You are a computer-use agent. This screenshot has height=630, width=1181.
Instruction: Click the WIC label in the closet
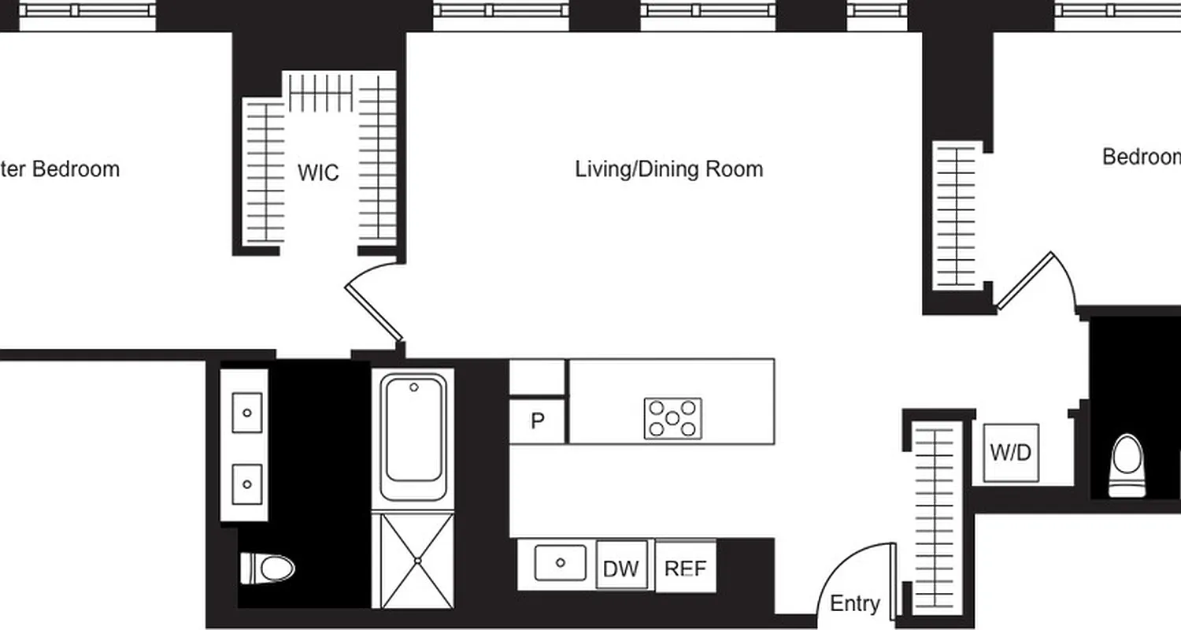(318, 172)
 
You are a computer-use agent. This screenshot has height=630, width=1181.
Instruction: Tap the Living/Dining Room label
(668, 169)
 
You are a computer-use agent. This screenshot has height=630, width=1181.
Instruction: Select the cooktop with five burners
(672, 418)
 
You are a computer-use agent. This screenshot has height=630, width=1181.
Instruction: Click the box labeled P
(537, 421)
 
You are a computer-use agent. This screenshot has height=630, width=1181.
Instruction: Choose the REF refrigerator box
(685, 567)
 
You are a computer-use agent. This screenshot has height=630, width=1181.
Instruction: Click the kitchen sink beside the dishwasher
(560, 562)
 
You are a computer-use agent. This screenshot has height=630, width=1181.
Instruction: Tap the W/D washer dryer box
(1010, 453)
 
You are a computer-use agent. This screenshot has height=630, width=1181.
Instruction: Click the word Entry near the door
(854, 604)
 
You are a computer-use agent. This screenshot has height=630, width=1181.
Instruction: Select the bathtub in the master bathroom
(413, 437)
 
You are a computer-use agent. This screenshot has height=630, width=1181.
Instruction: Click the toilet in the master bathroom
(268, 567)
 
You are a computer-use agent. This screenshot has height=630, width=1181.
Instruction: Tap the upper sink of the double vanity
(247, 412)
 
